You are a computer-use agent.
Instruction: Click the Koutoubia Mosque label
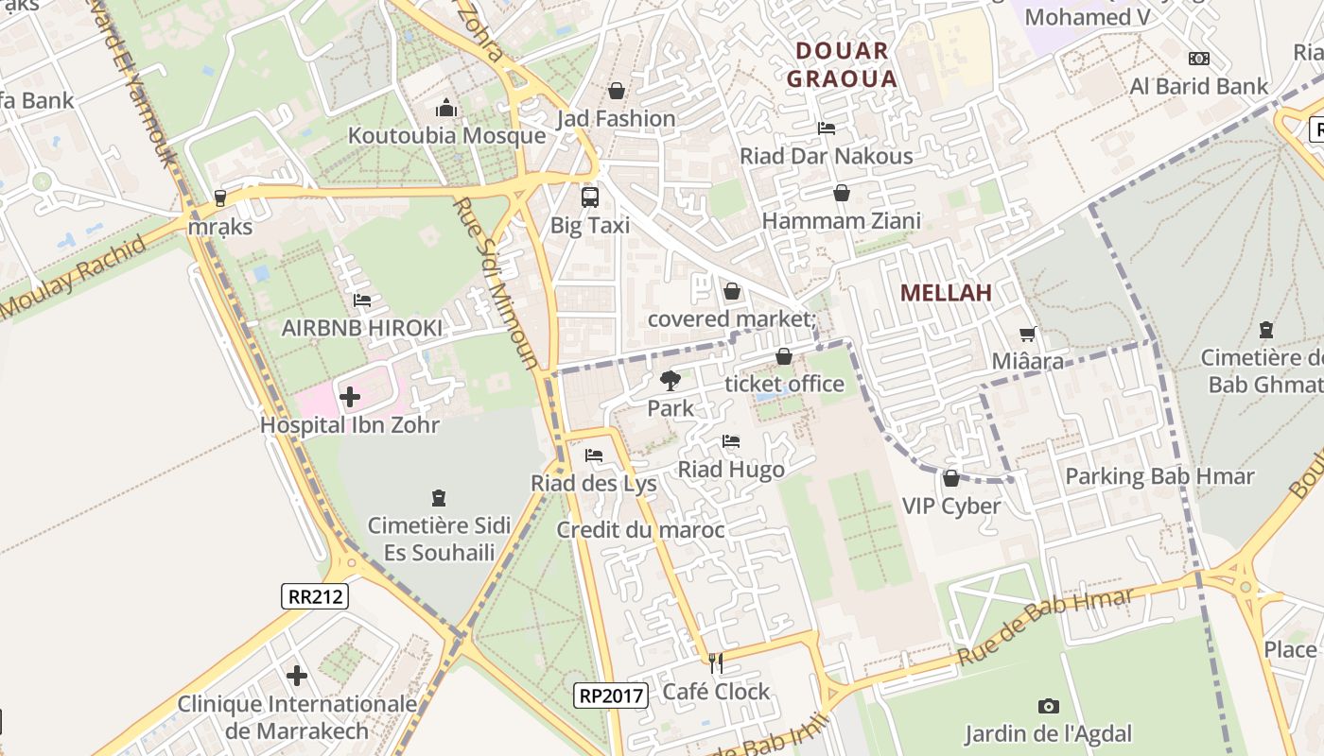[x=446, y=135]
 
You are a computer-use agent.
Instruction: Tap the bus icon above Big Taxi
[x=589, y=198]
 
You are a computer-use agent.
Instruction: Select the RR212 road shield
[x=315, y=596]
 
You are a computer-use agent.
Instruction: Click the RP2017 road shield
[x=611, y=696]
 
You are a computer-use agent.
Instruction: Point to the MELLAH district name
[x=946, y=293]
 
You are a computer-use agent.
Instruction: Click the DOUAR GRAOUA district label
[x=841, y=64]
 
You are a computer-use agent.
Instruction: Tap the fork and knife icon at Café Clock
[x=716, y=663]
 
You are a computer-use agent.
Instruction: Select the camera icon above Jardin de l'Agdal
[x=1048, y=706]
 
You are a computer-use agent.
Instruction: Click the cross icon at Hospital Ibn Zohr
[x=350, y=397]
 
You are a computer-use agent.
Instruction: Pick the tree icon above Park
[x=671, y=381]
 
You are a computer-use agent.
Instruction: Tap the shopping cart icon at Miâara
[x=1028, y=334]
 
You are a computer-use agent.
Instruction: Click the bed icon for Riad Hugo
[x=730, y=441]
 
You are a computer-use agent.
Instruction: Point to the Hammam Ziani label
[x=841, y=221]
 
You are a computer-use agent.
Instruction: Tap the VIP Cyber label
[x=950, y=506]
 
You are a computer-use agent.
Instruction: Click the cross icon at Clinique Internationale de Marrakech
[x=297, y=676]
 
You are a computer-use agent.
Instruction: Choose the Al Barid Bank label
[x=1199, y=87]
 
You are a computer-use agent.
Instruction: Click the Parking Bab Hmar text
[x=1159, y=476]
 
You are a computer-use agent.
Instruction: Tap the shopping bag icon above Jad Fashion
[x=617, y=91]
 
